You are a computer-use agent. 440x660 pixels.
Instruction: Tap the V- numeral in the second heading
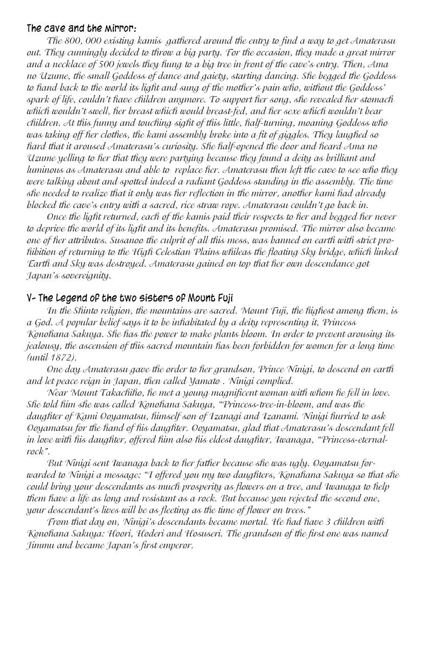point(31,299)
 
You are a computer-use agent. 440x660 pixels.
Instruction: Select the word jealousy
point(43,345)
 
